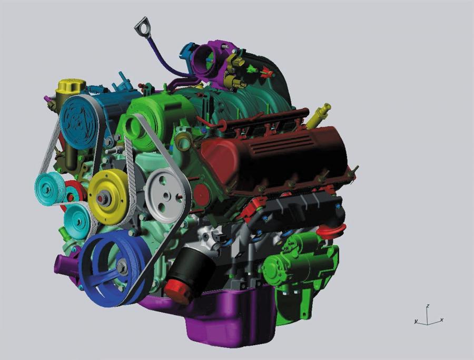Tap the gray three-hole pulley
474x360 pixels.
tap(164, 196)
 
